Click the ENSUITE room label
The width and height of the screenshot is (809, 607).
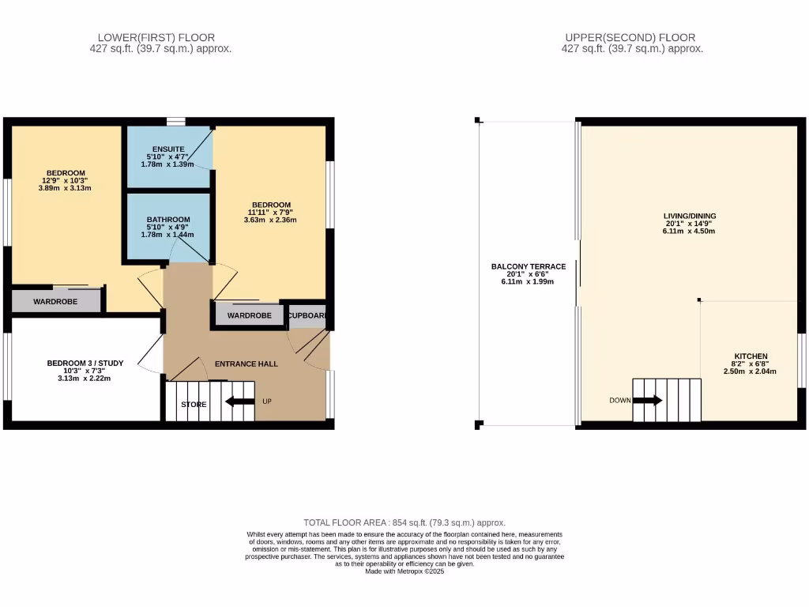[x=170, y=149]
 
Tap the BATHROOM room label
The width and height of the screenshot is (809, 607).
[x=168, y=219]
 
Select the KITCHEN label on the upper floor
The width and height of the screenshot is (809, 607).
[x=750, y=356]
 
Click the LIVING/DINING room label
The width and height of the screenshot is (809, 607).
[x=689, y=215]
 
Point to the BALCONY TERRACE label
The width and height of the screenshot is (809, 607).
[x=529, y=267]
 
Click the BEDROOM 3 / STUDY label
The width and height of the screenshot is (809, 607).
[x=85, y=363]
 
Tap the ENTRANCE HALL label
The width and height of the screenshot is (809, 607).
[x=247, y=364]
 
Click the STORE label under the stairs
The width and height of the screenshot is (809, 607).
[x=194, y=404]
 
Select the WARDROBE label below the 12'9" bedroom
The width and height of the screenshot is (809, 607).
[x=55, y=301]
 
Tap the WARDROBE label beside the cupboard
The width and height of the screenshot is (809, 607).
[x=250, y=315]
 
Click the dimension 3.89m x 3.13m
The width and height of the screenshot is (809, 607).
[x=66, y=188]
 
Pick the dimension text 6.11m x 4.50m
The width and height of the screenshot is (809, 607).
[x=689, y=232]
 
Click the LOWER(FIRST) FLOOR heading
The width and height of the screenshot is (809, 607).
[x=156, y=37]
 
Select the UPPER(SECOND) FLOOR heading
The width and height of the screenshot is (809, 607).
[x=630, y=37]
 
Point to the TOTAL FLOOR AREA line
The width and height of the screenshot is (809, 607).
[x=404, y=522]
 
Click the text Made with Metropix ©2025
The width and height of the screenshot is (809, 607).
[x=404, y=571]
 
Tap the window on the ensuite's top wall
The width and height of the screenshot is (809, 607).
[x=176, y=122]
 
